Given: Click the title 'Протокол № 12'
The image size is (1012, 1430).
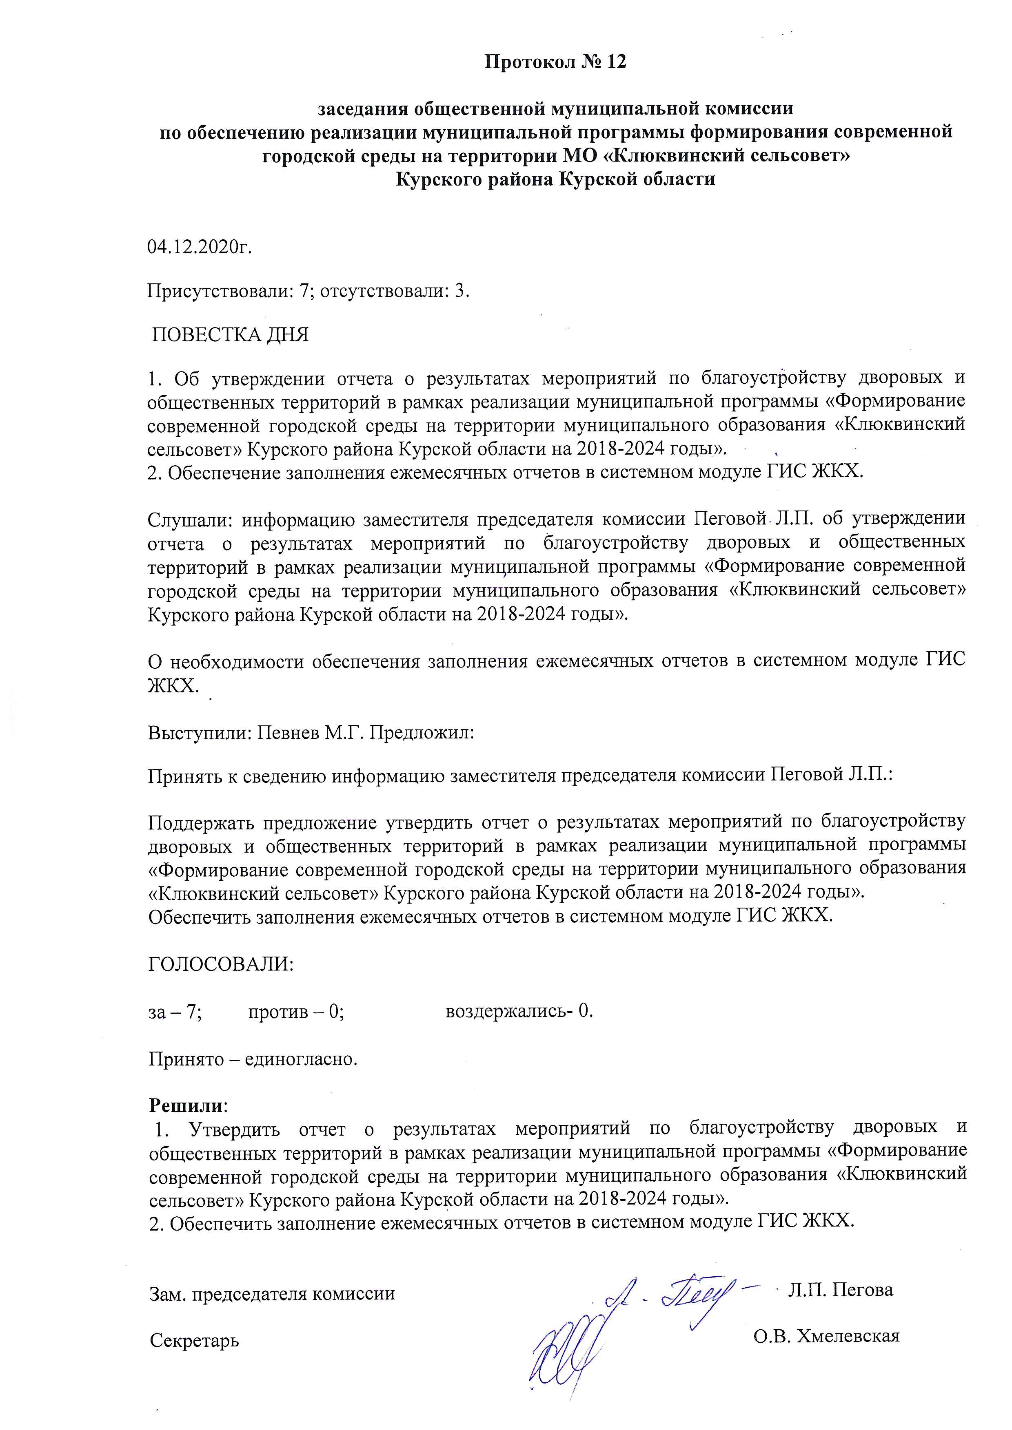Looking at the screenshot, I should (555, 62).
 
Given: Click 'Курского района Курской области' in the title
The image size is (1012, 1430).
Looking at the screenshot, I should (555, 180).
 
